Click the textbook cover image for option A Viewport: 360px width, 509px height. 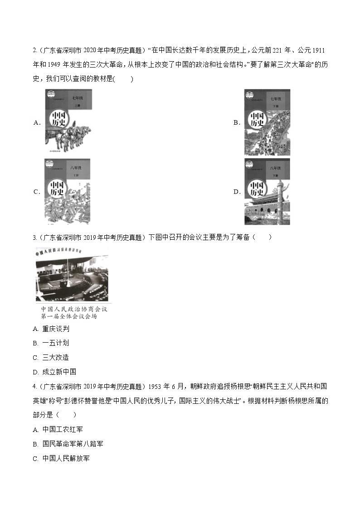click(x=68, y=121)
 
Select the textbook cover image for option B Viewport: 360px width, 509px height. click(x=267, y=122)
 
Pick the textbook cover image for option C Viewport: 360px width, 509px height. click(x=68, y=191)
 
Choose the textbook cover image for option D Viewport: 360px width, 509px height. click(x=267, y=191)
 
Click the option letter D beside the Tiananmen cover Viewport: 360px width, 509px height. click(x=237, y=192)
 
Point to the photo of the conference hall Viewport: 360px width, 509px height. click(x=72, y=276)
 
